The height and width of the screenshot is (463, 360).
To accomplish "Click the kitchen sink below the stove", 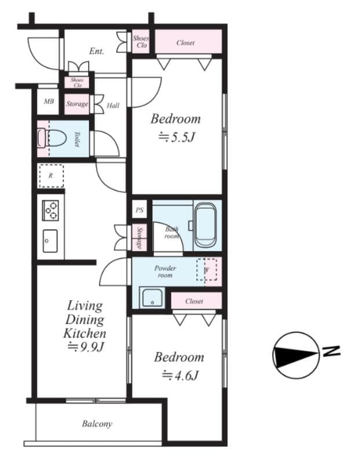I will pos(50,240).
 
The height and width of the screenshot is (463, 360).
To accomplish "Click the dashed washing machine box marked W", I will pos(206,269).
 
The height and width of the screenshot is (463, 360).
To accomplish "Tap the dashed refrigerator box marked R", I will pos(50,175).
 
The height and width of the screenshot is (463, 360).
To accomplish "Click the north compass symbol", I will pos(297,352).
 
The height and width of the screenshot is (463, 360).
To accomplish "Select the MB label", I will pos(49,102).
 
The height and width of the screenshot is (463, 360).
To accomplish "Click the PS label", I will pos(139,211).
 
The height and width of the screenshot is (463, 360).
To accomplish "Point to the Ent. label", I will pos(96,52).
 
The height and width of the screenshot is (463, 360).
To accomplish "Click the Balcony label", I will pos(97,424).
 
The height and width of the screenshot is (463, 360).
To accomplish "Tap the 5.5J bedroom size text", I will pos(175,138).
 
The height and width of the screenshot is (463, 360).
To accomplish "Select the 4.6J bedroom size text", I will pos(179,376).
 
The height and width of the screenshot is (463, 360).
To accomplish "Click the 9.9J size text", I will pos(85,347).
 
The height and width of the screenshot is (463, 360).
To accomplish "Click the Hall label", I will pos(113,105).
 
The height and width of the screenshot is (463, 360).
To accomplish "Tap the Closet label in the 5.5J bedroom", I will pos(185,43).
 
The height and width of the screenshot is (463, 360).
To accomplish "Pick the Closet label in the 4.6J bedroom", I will pos(194,302).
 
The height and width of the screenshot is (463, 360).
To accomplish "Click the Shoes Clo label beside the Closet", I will pos(141,42).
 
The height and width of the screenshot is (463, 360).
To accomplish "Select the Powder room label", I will pos(165,271).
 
